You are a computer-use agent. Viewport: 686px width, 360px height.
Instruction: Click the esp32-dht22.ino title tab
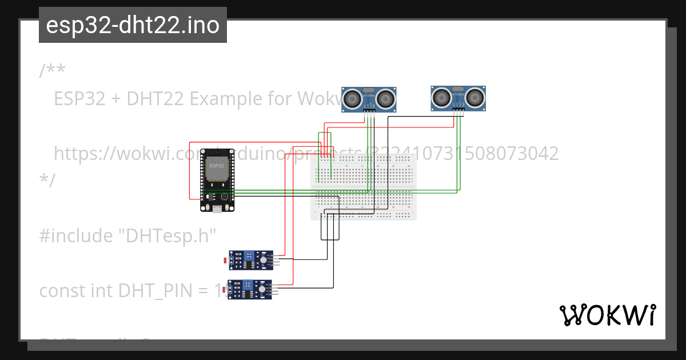(x=133, y=25)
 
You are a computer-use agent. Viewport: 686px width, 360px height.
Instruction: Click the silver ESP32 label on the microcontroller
(x=217, y=166)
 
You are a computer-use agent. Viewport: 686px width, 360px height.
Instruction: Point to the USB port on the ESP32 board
(x=217, y=209)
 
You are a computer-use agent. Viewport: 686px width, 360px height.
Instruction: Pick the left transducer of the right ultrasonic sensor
(x=441, y=98)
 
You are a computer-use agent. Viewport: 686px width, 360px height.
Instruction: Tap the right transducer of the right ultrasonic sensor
(x=476, y=98)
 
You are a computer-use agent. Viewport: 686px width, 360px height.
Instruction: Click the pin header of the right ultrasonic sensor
(x=458, y=110)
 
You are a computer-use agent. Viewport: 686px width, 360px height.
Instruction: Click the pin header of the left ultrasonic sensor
(x=369, y=110)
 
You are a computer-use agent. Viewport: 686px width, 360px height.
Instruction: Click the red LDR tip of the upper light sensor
(x=224, y=261)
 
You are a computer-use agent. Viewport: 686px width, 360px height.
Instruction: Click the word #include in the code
(x=75, y=235)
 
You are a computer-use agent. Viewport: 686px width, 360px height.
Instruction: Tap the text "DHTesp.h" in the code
(x=167, y=235)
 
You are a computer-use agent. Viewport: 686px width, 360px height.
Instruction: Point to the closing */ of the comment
(x=47, y=181)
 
